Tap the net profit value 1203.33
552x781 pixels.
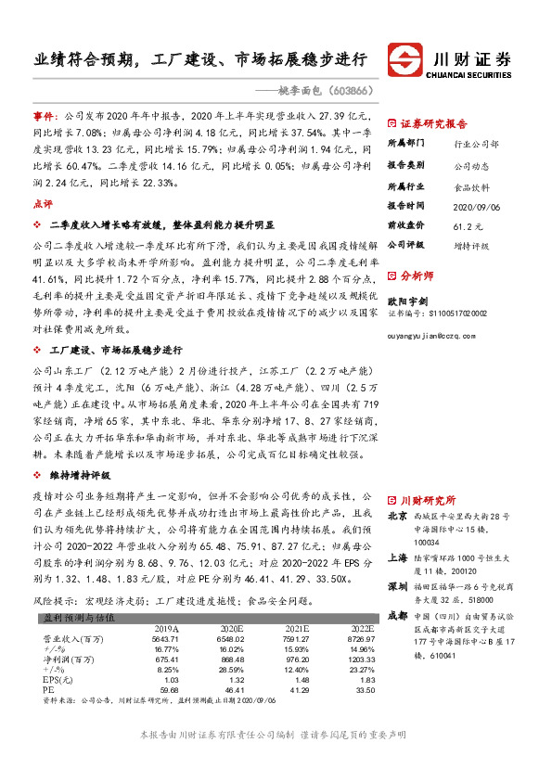coord(360,659)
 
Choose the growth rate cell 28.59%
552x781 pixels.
coord(229,670)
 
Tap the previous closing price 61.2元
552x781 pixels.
coord(465,224)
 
